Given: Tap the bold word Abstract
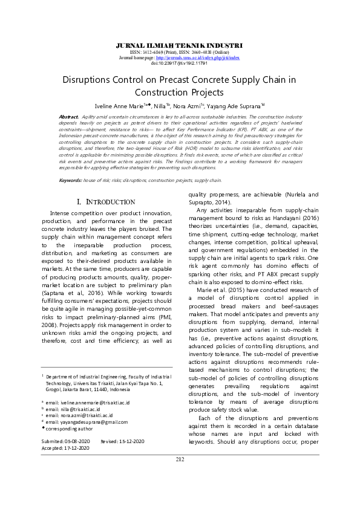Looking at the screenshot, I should coord(68,115).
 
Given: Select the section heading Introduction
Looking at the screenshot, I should coord(106,201).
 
